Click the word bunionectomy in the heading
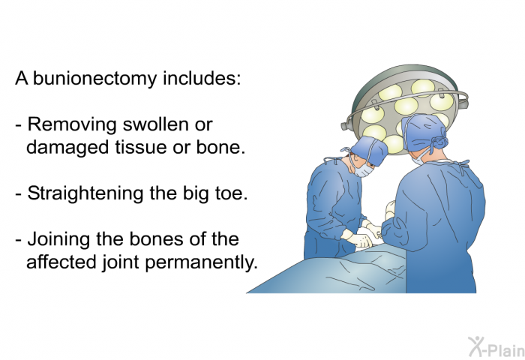coord(94,79)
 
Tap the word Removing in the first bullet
coord(72,125)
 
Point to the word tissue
coord(141,147)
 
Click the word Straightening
coord(85,194)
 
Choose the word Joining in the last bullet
coord(58,240)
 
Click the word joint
coord(121,262)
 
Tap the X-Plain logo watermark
coord(496,347)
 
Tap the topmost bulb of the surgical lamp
coord(423,87)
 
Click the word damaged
coord(67,148)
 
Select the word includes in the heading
coord(202,78)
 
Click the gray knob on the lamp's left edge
coord(345,126)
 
